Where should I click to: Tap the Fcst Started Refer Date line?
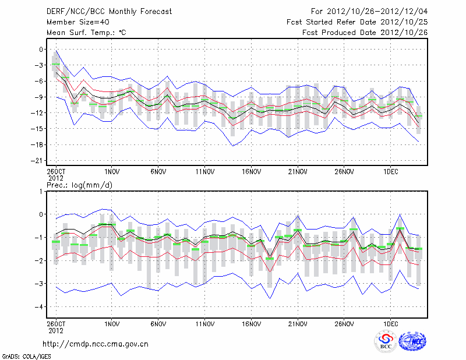[x=357, y=22]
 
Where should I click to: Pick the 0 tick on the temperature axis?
[x=41, y=50]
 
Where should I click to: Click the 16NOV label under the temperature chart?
[x=251, y=172]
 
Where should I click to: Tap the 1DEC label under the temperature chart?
[x=390, y=172]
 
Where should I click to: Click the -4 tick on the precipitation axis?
[x=40, y=307]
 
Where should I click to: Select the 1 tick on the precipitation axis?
[x=41, y=191]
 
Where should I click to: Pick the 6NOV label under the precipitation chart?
[x=158, y=324]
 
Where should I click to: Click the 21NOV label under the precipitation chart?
[x=298, y=324]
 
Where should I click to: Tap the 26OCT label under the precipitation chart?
[x=56, y=324]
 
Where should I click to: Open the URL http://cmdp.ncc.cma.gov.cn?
[x=96, y=344]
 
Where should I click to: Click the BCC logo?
[x=386, y=342]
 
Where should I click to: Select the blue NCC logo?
[x=412, y=342]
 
